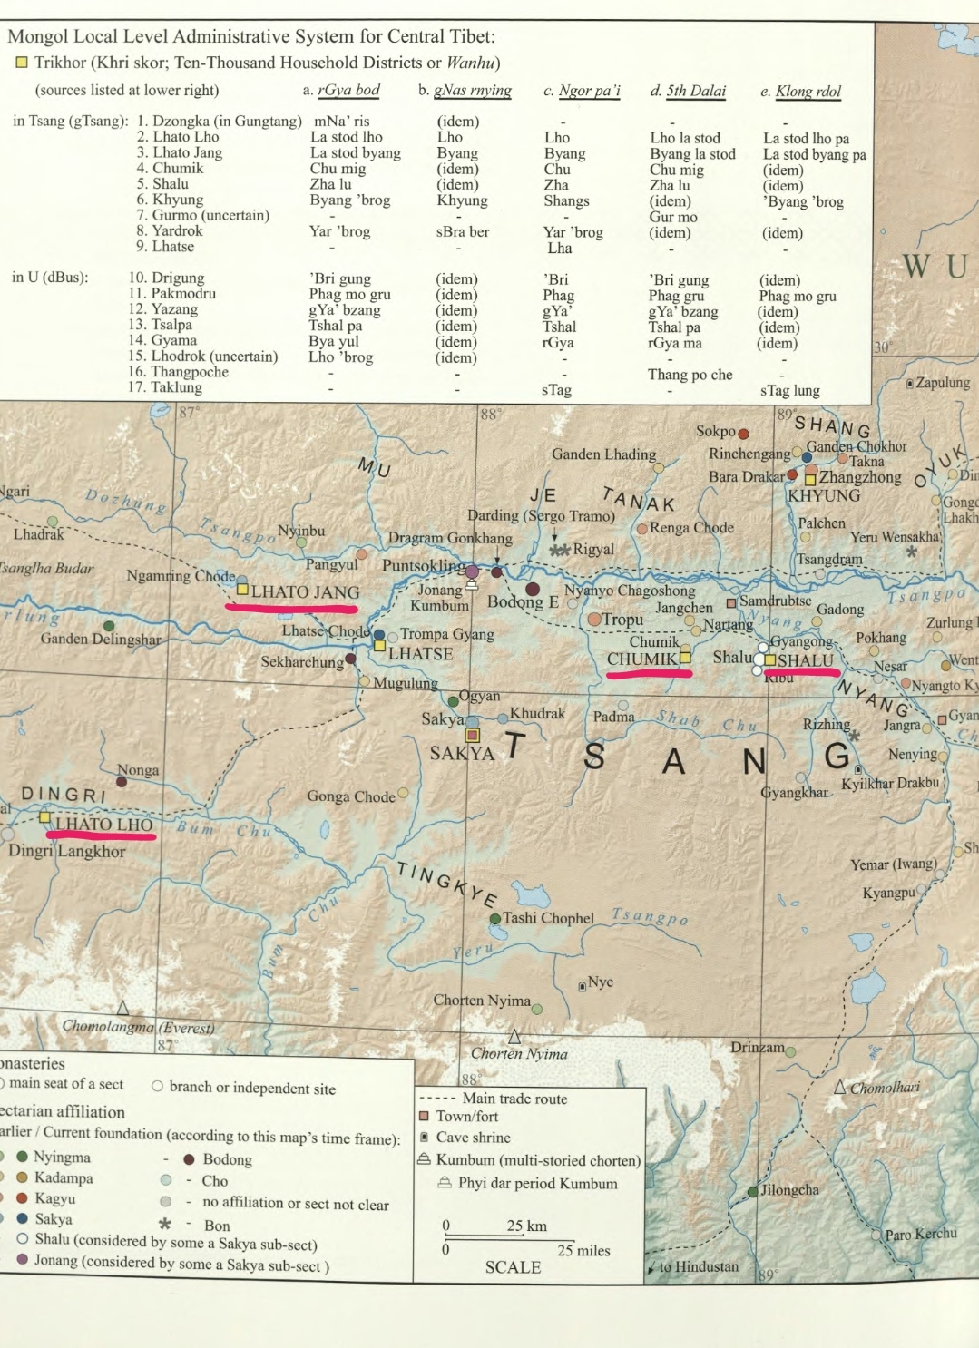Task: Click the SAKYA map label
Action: point(462,754)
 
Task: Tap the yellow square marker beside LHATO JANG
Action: point(242,590)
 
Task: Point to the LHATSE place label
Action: point(420,653)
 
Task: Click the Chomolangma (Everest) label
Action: point(138,1027)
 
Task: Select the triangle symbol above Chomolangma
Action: point(122,1008)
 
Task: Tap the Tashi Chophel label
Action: point(548,918)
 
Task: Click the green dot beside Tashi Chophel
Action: point(495,919)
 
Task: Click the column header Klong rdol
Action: point(808,91)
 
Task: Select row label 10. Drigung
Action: point(166,278)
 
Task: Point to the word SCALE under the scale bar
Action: point(513,1267)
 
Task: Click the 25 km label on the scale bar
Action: point(526,1226)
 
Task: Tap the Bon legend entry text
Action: point(217,1226)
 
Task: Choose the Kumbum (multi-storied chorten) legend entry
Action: point(538,1160)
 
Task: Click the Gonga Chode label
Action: point(351,796)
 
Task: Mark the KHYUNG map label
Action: point(824,495)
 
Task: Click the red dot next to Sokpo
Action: point(743,434)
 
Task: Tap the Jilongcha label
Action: point(789,1190)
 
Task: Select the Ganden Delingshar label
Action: point(101,640)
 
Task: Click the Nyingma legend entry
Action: point(62,1157)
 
